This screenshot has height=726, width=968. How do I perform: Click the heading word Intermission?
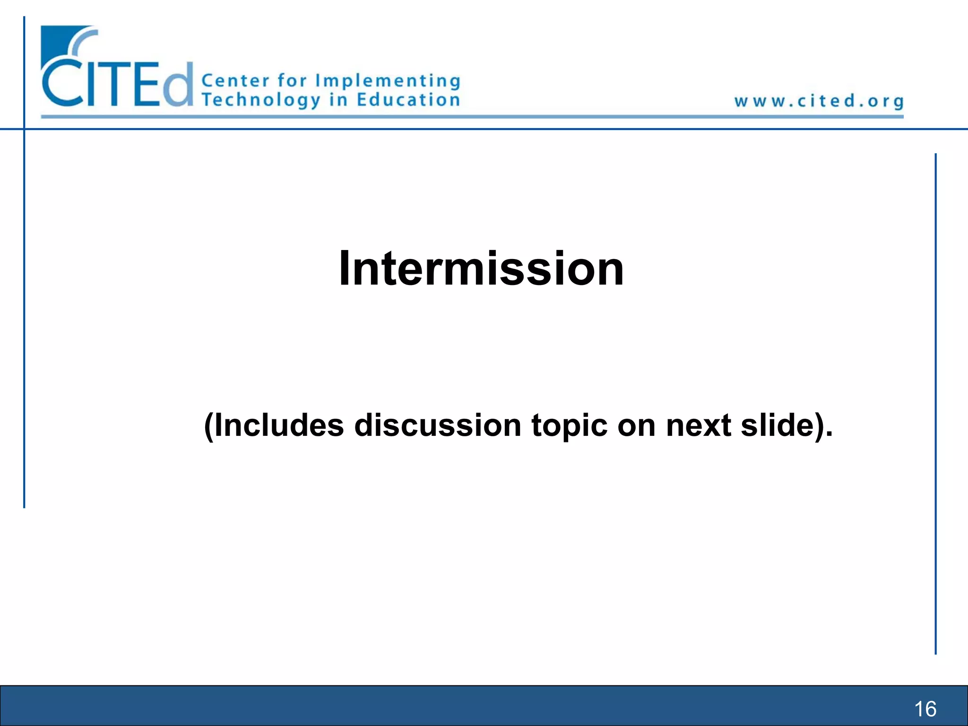pyautogui.click(x=481, y=268)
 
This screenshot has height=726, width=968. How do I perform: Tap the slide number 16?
pyautogui.click(x=925, y=709)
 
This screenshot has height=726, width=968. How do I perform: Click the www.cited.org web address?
pyautogui.click(x=819, y=101)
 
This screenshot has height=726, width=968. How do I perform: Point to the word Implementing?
pyautogui.click(x=388, y=81)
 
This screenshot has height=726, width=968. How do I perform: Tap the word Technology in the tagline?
pyautogui.click(x=261, y=100)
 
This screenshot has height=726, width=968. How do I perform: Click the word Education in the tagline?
pyautogui.click(x=408, y=100)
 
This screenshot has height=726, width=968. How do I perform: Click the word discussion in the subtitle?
pyautogui.click(x=438, y=425)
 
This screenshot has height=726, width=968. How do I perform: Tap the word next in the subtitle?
pyautogui.click(x=699, y=425)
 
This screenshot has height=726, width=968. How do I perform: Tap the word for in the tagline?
pyautogui.click(x=292, y=80)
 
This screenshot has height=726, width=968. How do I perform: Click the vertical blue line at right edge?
pyautogui.click(x=935, y=402)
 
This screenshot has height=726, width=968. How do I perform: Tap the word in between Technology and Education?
pyautogui.click(x=338, y=100)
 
